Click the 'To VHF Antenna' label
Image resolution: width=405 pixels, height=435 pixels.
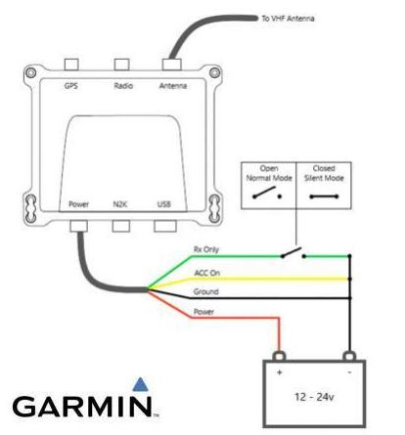tap(288, 19)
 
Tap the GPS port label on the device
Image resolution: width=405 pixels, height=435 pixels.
tap(71, 86)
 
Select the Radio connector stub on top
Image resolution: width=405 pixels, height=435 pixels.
tap(121, 65)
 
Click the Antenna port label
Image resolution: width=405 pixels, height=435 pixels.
tap(173, 86)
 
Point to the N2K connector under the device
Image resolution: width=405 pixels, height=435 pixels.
tap(121, 226)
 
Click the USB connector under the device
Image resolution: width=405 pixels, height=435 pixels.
tap(165, 226)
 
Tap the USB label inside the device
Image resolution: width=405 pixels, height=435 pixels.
tap(164, 204)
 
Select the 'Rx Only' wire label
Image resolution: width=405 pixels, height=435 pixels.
tap(206, 249)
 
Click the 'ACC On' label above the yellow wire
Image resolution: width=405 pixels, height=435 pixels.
tap(207, 273)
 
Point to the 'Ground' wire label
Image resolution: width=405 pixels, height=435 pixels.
tap(205, 291)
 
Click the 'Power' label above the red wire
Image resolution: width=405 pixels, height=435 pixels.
tap(203, 312)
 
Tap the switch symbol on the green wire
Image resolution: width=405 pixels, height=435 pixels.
tap(293, 253)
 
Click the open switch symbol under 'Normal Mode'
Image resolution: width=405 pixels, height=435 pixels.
tap(267, 193)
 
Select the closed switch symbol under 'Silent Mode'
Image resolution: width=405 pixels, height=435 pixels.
tap(324, 196)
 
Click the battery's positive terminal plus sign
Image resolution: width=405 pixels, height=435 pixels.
tap(279, 372)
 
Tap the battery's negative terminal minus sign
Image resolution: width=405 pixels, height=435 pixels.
tap(349, 372)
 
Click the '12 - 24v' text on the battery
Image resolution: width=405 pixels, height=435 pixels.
tap(314, 397)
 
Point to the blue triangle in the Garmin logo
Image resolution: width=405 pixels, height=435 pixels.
tap(141, 384)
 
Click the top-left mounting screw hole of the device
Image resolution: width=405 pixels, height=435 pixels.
tap(30, 72)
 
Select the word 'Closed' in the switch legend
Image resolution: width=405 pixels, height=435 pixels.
tap(324, 168)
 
